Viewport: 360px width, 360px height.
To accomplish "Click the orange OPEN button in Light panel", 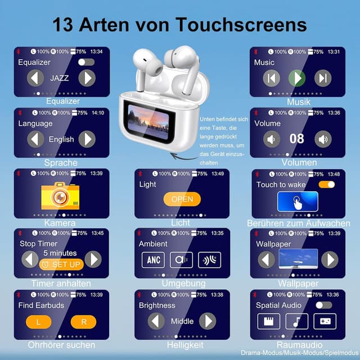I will tap(182, 199).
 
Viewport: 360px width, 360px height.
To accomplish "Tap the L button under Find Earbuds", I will tap(38, 322).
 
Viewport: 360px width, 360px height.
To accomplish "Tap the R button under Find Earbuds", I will tap(83, 322).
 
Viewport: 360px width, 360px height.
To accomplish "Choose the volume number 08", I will tap(297, 139).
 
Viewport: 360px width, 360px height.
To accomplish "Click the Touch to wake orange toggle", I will tap(326, 184).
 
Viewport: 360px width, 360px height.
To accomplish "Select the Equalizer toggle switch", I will tap(86, 62).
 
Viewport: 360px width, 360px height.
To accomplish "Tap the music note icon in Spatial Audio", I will tap(296, 321).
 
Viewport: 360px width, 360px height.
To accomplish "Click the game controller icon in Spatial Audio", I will tap(325, 321).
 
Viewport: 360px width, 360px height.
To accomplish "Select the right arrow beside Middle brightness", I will tap(208, 321).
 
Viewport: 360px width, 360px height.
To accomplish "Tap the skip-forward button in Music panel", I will tap(323, 78).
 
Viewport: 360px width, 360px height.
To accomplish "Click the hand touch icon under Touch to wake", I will tap(298, 201).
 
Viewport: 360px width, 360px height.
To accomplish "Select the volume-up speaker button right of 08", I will tap(323, 139).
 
